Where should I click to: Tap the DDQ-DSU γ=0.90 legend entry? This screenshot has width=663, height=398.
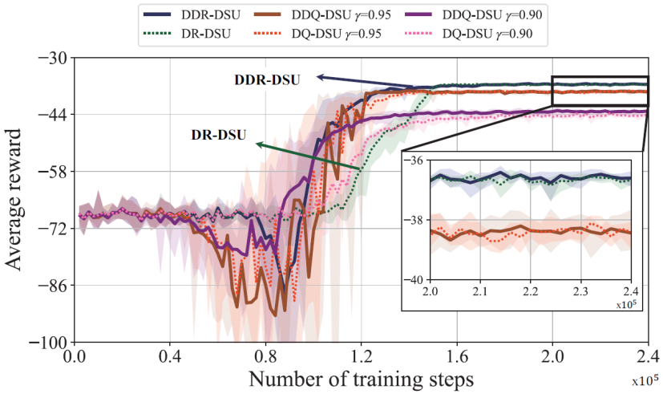(473, 14)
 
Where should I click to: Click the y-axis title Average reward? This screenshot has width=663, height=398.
(18, 201)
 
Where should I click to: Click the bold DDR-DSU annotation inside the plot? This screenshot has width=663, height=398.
(268, 79)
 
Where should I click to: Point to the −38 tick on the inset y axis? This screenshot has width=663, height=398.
(418, 220)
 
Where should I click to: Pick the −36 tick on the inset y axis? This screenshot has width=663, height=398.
(418, 161)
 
